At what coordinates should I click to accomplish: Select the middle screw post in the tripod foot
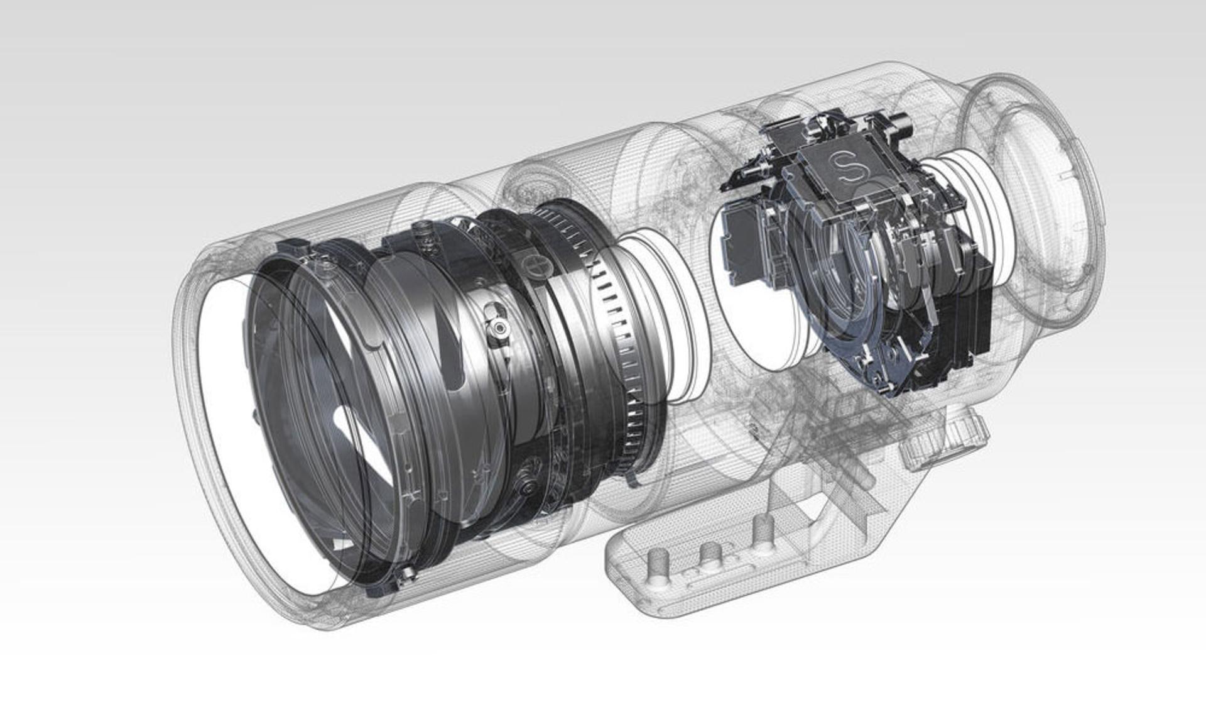tap(710, 553)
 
